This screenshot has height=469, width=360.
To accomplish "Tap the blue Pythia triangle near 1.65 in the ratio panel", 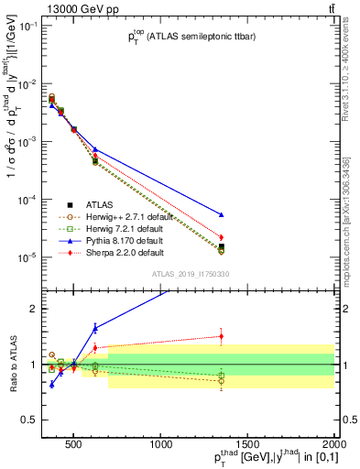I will pos(95,327).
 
